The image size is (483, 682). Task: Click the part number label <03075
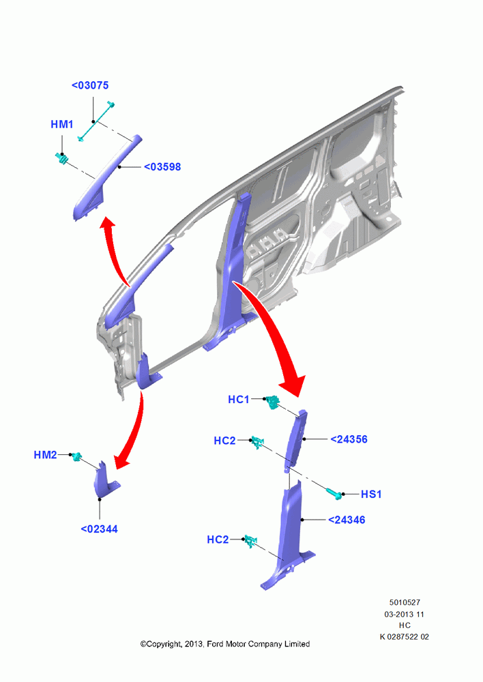tap(90, 85)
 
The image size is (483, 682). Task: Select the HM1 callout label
tap(62, 124)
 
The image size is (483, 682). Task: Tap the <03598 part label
tap(162, 166)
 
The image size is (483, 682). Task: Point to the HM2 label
tap(45, 455)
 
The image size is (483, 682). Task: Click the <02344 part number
tap(99, 529)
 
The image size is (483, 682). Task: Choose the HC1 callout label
tap(239, 399)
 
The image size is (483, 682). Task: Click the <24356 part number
tap(349, 439)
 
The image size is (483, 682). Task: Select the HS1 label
tap(371, 494)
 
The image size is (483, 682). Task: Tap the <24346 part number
tap(347, 520)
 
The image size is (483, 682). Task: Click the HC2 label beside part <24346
tap(218, 539)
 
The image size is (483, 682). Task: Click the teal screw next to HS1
tap(334, 493)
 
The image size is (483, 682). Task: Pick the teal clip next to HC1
tap(272, 402)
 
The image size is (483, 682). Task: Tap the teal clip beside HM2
tap(76, 456)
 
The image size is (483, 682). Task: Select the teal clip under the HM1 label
tap(62, 159)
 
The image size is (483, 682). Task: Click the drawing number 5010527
tap(405, 602)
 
